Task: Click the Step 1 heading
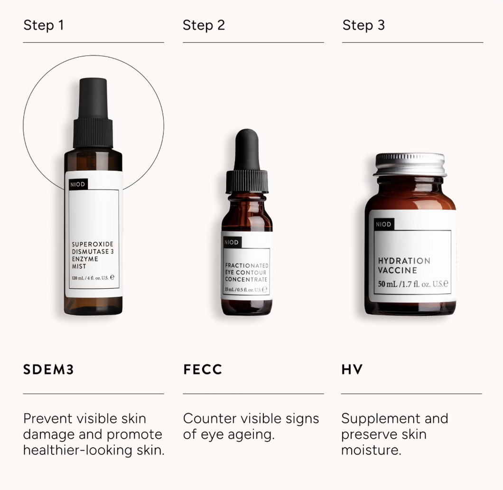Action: (x=44, y=25)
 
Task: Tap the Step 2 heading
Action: (x=204, y=25)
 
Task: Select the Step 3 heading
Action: (x=363, y=25)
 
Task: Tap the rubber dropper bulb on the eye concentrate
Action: (x=247, y=150)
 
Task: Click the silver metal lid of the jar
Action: (x=410, y=165)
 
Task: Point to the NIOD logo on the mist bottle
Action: (x=78, y=184)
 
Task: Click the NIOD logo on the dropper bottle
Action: (x=232, y=242)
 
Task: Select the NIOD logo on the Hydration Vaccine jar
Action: (x=384, y=224)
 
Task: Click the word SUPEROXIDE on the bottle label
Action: (x=93, y=244)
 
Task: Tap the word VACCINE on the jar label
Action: (x=397, y=271)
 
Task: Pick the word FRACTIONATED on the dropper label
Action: (x=247, y=266)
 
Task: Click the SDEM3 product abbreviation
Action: (x=48, y=369)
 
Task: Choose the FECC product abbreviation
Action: (x=203, y=369)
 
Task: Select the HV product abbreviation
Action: (x=352, y=369)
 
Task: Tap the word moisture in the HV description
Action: (x=371, y=450)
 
